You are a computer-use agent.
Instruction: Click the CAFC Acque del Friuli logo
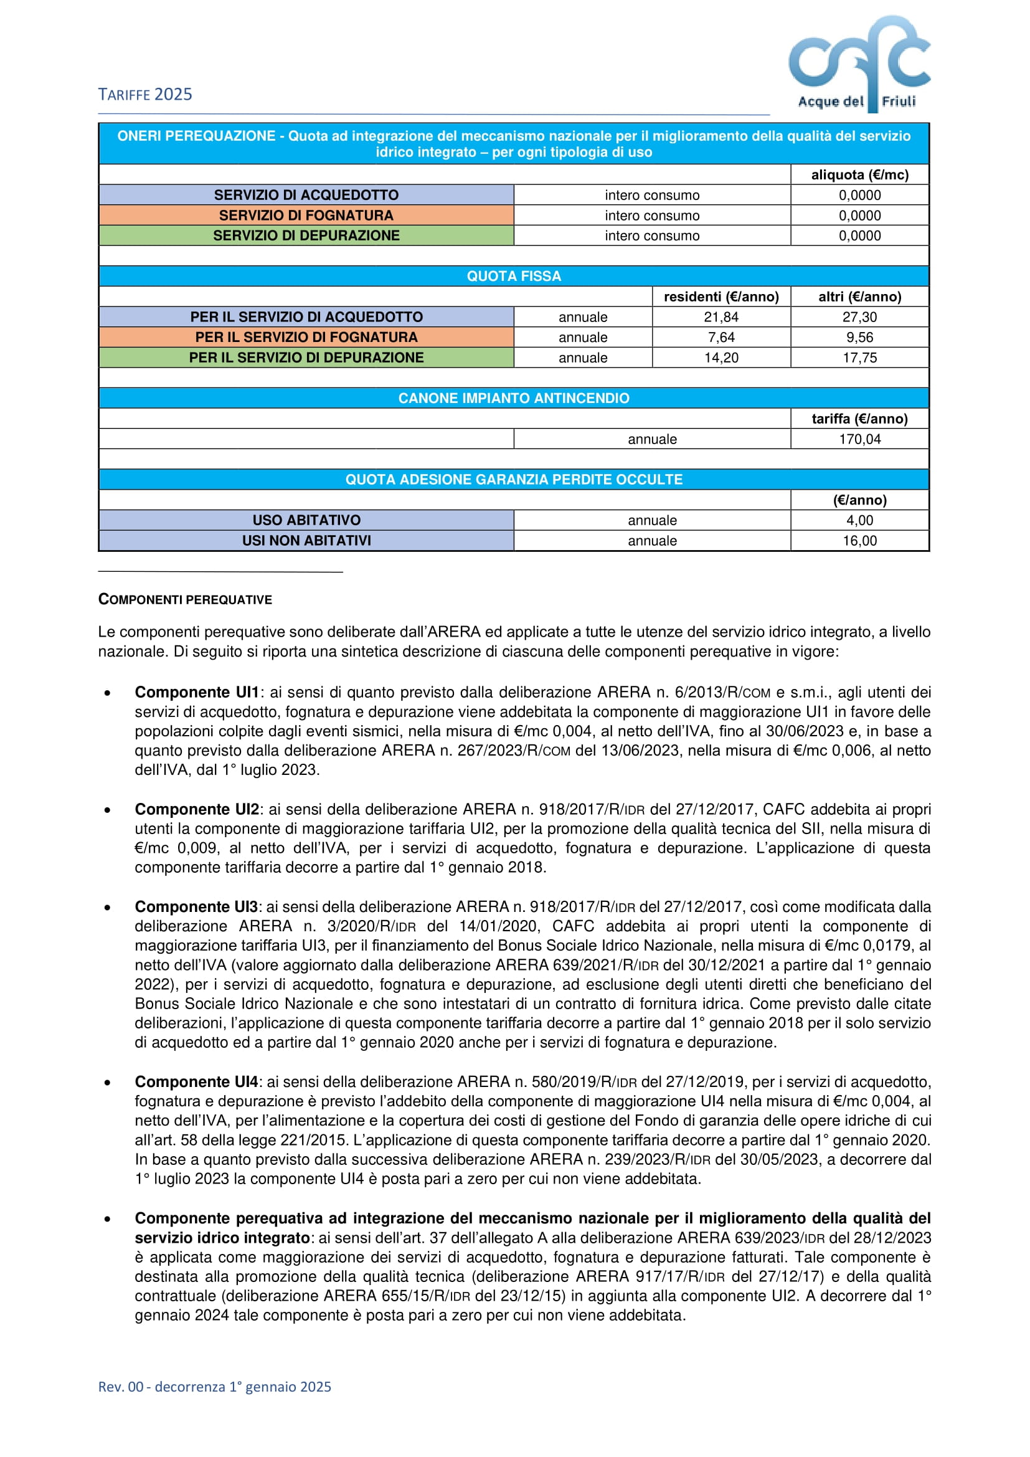(x=859, y=64)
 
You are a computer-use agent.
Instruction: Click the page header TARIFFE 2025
(x=145, y=95)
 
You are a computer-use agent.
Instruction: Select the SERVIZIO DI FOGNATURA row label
(x=306, y=215)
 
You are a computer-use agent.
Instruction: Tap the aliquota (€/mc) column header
(x=859, y=174)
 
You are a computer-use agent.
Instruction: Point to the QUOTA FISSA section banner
(x=514, y=276)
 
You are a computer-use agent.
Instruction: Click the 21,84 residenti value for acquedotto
(x=721, y=316)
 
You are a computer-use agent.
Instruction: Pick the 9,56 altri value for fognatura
(x=859, y=337)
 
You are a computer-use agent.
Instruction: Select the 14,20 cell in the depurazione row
(x=721, y=358)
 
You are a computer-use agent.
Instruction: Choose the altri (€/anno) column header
(x=859, y=297)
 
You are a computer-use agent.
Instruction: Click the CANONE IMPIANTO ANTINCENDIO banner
(x=514, y=398)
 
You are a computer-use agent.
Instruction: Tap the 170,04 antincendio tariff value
(x=859, y=439)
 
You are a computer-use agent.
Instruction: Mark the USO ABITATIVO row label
(x=306, y=520)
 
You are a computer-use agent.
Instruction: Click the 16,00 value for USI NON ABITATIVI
(x=859, y=541)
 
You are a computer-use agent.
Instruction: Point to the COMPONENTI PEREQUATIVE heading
(x=185, y=600)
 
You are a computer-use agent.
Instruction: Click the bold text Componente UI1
(x=197, y=691)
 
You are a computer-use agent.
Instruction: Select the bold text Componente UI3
(x=196, y=906)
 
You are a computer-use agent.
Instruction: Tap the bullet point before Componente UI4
(x=108, y=1082)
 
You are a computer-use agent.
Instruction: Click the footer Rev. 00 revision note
(x=214, y=1387)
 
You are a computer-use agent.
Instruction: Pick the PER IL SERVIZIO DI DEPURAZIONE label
(x=306, y=358)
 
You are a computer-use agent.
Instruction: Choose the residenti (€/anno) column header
(x=721, y=297)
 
